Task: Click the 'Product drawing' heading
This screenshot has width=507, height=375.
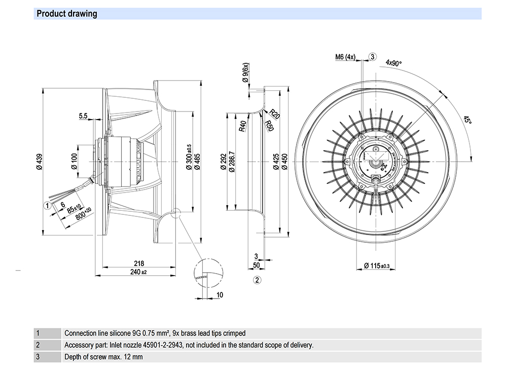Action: pyautogui.click(x=67, y=14)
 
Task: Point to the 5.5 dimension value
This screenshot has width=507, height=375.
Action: pyautogui.click(x=84, y=117)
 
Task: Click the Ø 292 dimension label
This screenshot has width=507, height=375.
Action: pyautogui.click(x=223, y=161)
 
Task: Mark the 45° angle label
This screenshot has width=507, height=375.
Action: pyautogui.click(x=467, y=120)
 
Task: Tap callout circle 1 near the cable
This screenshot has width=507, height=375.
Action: pyautogui.click(x=47, y=205)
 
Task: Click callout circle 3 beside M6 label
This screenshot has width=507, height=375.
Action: pyautogui.click(x=373, y=57)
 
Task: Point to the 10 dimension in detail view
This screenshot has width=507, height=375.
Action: pyautogui.click(x=220, y=294)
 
